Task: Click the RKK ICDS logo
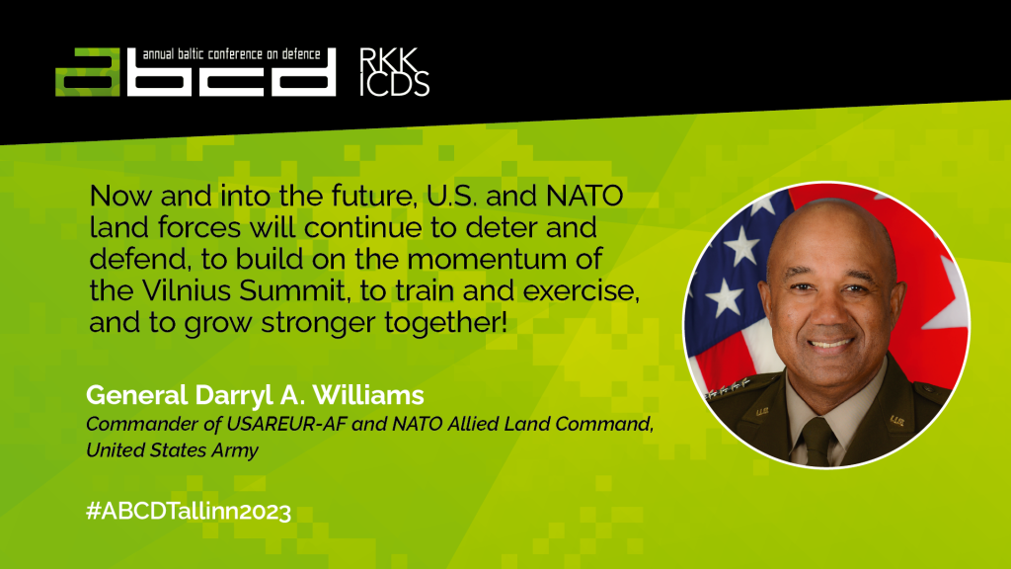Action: [394, 71]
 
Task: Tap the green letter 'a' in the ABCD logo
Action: [88, 71]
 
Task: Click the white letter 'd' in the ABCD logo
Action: [303, 71]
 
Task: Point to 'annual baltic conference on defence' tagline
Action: [231, 54]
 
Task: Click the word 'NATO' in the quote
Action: [584, 197]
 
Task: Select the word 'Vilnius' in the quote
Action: [186, 291]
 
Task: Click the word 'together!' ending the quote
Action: [445, 323]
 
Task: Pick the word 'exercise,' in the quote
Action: [581, 291]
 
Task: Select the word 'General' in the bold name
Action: [136, 395]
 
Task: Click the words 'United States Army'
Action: [172, 449]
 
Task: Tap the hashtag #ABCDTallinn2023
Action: [189, 511]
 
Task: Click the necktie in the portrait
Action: [818, 443]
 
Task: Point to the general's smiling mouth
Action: [830, 343]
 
